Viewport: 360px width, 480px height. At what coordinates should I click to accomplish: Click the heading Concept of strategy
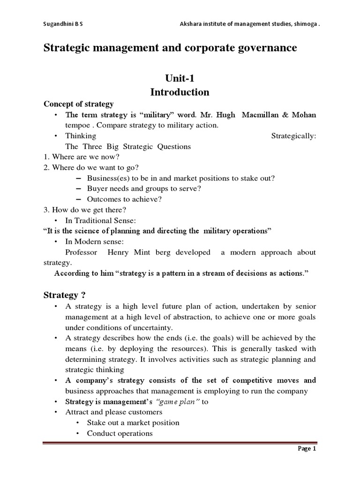coord(78,104)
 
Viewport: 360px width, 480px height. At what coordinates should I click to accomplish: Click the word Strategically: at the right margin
coord(294,136)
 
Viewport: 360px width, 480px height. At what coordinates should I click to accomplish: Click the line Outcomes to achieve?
coord(124,199)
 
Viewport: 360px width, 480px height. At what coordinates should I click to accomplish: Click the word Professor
coord(82,252)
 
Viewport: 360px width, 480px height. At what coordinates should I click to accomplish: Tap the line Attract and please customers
coord(113,412)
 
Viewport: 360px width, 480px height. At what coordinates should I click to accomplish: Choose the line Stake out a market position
coord(133,423)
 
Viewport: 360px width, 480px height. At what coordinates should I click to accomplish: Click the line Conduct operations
coord(120,433)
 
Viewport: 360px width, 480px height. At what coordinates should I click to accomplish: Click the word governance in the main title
coord(265,48)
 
